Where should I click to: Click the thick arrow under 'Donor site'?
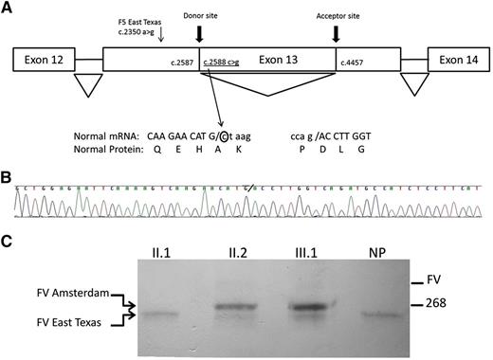pyautogui.click(x=199, y=34)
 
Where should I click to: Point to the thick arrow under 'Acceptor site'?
pyautogui.click(x=336, y=34)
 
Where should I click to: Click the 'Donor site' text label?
pyautogui.click(x=199, y=13)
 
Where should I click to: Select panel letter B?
pyautogui.click(x=7, y=175)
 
